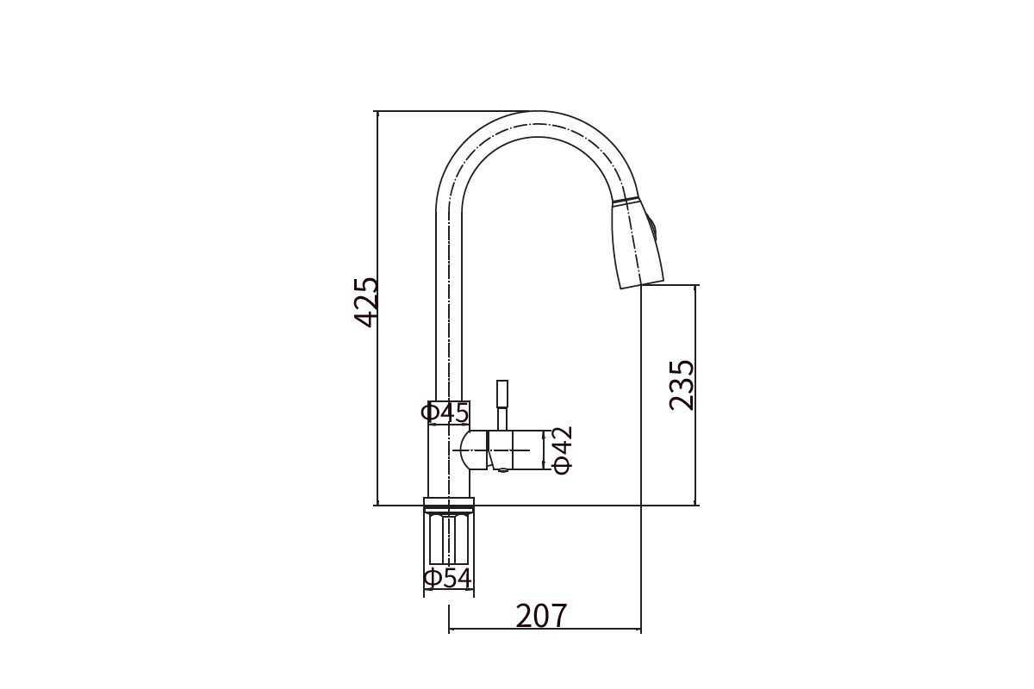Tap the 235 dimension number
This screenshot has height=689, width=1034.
pos(682,385)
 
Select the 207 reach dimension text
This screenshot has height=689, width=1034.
pos(541,616)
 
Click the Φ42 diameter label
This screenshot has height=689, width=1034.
pos(563,450)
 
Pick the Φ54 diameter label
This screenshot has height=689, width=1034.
pos(448,579)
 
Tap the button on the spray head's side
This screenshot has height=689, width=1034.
pos(653,227)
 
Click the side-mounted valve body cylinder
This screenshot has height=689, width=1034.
pos(515,450)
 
